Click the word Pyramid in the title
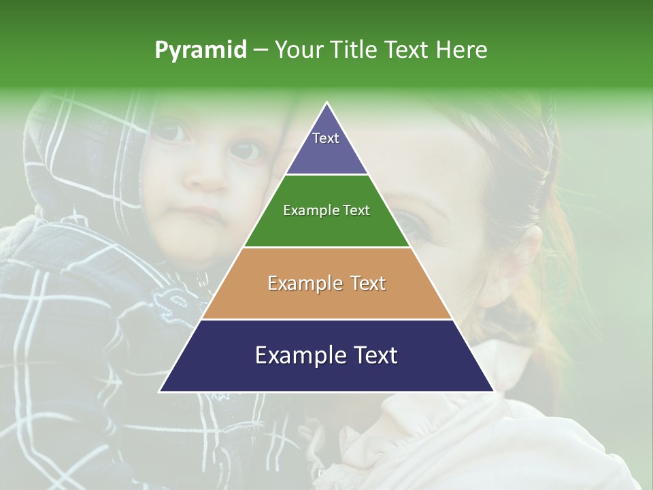(x=201, y=50)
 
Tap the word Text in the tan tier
(x=365, y=283)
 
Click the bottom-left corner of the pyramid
(x=161, y=391)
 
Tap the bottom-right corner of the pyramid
(x=493, y=391)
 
